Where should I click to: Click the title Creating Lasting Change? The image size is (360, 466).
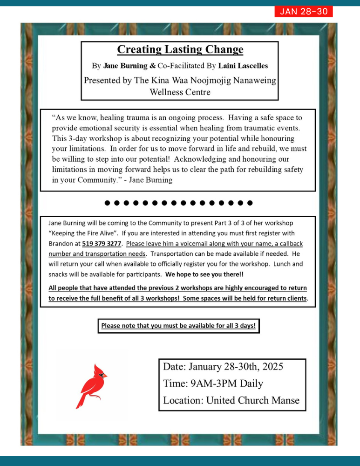click(x=180, y=49)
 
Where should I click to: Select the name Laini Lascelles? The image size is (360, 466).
click(x=243, y=66)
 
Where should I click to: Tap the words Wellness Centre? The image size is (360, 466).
click(x=180, y=92)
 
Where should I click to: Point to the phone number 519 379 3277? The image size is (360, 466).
click(x=102, y=243)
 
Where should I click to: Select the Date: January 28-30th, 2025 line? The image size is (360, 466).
click(x=223, y=367)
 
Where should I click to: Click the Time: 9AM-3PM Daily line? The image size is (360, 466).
click(x=213, y=384)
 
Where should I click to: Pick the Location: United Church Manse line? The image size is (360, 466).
click(x=231, y=400)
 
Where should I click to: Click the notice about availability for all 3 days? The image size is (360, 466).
click(x=178, y=326)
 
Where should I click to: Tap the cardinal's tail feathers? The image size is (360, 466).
click(x=80, y=402)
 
